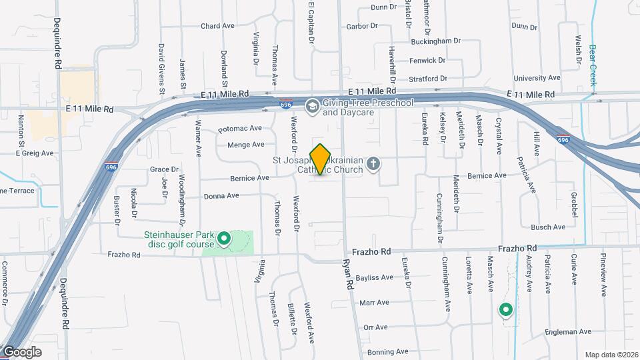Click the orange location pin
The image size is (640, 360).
[321, 159]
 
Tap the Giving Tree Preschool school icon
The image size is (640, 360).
[311, 107]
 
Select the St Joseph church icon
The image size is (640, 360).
[375, 163]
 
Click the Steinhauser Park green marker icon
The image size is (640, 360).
[225, 238]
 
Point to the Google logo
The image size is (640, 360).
[22, 352]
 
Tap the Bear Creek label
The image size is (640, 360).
[592, 65]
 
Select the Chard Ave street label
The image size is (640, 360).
[217, 27]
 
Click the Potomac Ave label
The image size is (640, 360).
[239, 128]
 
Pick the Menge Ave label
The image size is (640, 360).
[246, 144]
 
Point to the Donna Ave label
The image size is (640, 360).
[221, 196]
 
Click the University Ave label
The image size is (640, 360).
[537, 78]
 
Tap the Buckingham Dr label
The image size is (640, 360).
[436, 41]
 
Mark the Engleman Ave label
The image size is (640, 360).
[567, 331]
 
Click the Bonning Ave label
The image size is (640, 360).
[387, 351]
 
